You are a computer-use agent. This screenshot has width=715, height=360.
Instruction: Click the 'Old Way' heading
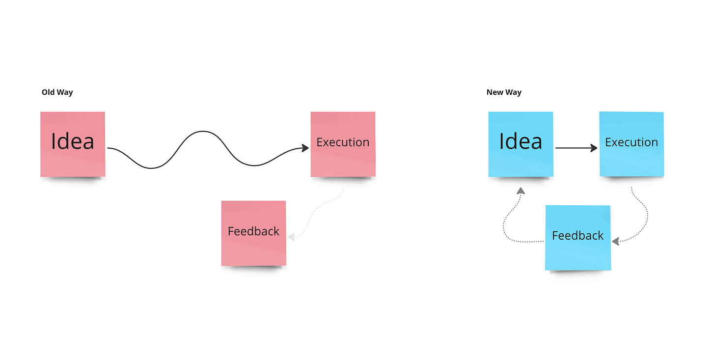[x=57, y=92]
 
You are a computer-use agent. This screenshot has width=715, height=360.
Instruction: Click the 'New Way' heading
[x=504, y=92]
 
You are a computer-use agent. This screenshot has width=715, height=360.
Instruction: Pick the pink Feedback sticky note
[x=253, y=250]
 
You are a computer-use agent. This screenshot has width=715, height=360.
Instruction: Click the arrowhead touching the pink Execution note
[x=305, y=147]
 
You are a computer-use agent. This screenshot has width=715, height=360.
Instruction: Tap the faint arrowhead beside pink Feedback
[x=291, y=237]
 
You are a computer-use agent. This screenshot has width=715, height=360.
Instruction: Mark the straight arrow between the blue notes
[x=575, y=147]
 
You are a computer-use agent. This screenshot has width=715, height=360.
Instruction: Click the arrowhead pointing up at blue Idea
[x=521, y=191]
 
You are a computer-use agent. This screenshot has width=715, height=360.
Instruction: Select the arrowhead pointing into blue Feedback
[x=615, y=241]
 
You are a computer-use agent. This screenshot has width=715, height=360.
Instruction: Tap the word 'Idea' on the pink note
[x=73, y=141]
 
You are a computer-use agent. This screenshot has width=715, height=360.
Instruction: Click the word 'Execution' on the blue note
[x=632, y=142]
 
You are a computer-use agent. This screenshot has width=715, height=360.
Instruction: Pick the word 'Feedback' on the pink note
[x=253, y=231]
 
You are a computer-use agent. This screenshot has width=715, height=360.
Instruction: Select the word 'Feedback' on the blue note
[x=578, y=236]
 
